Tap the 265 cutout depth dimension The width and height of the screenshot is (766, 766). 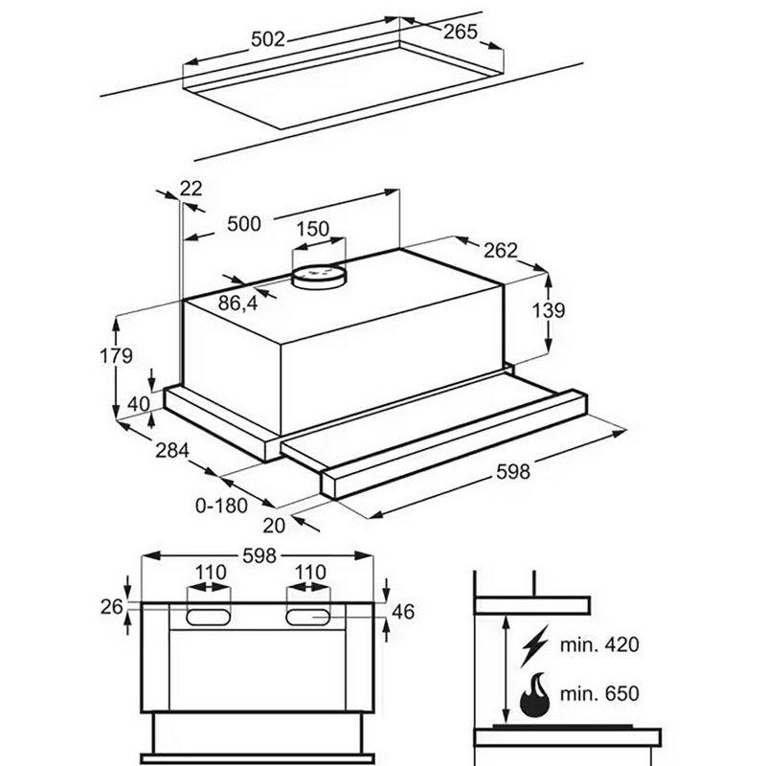point(461,33)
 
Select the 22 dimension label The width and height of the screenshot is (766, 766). point(191,189)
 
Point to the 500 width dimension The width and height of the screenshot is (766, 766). point(244,224)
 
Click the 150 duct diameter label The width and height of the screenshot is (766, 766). point(312,230)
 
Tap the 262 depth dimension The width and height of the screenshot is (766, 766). point(499,251)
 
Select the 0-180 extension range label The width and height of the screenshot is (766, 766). point(221,505)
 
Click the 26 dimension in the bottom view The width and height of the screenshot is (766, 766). point(112,605)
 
